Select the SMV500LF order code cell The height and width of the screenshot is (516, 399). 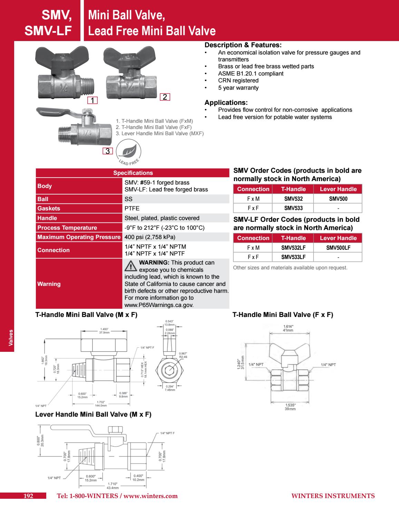point(338,248)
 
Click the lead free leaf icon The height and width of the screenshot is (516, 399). point(128,151)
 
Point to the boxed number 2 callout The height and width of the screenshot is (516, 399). point(165,97)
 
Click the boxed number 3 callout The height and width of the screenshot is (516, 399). point(107,151)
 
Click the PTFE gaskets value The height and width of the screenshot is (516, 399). point(132,208)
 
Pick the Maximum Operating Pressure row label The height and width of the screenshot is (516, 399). point(79,237)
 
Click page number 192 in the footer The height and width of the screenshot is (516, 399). point(28,496)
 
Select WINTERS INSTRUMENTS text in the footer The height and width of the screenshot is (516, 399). point(333,496)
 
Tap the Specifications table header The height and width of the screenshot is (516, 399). point(133,173)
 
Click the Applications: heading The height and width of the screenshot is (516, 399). point(226,102)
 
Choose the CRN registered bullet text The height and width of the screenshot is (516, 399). point(238,81)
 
